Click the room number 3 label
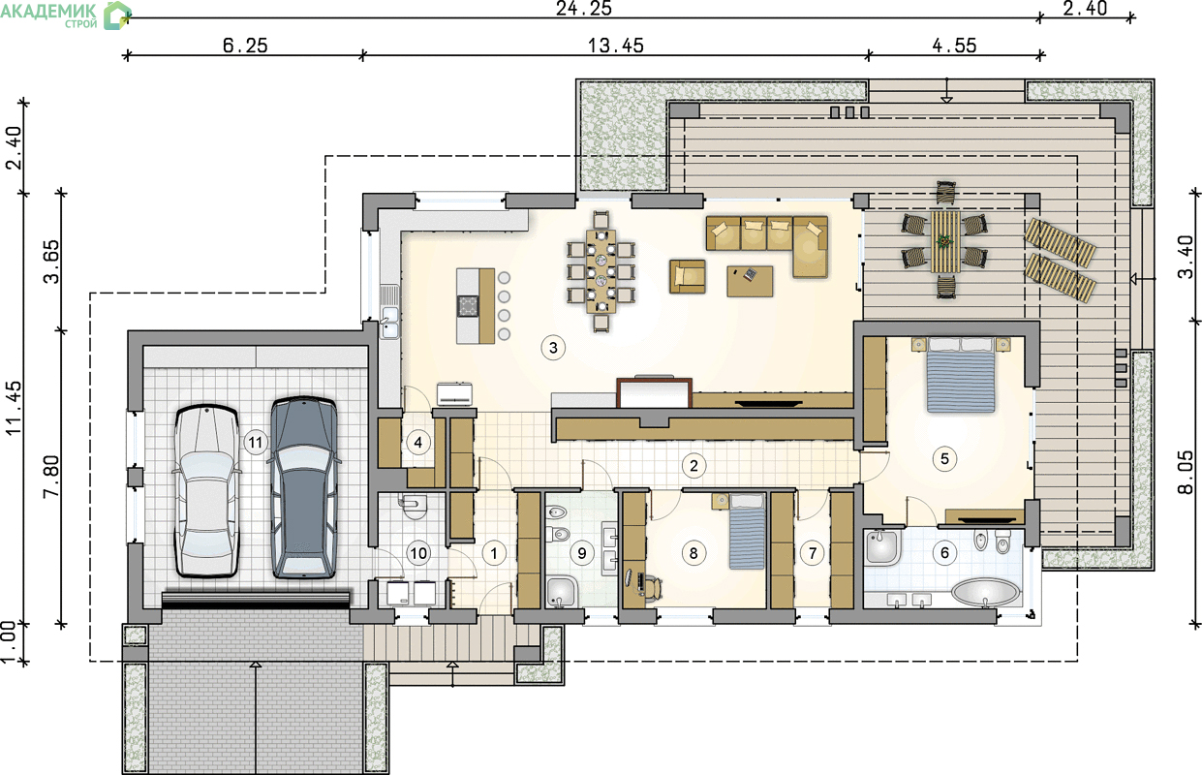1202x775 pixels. point(553,348)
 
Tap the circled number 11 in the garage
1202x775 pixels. point(256,443)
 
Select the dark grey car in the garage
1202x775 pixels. point(304,488)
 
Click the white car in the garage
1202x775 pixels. point(206,490)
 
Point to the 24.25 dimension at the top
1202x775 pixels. point(584,9)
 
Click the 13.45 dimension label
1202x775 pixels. point(615,46)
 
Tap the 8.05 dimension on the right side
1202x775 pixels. point(1187,473)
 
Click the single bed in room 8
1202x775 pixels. point(747,531)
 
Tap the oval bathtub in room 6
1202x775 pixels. point(985,593)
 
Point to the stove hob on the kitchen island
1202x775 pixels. point(468,306)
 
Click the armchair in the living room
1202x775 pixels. point(688,276)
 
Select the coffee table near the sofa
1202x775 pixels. point(751,281)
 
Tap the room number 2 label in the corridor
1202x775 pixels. point(693,466)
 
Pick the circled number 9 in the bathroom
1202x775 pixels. point(582,553)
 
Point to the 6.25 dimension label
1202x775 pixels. point(245,46)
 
